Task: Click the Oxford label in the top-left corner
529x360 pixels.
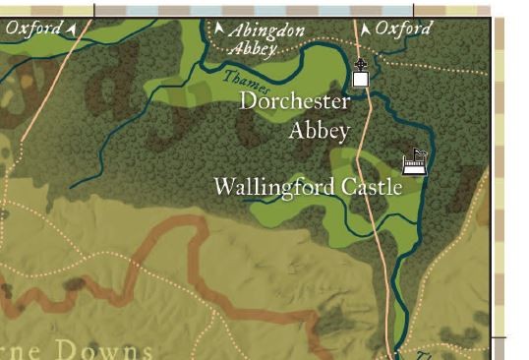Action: (x=32, y=28)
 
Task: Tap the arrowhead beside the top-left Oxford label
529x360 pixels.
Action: (x=71, y=29)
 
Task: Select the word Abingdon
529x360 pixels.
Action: (x=266, y=31)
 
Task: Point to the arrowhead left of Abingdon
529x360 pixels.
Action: (x=218, y=30)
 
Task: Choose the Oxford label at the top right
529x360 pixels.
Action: (x=403, y=29)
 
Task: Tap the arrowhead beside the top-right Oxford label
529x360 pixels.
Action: (x=366, y=30)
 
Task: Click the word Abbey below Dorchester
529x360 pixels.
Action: (x=319, y=131)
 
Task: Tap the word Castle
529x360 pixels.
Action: (x=372, y=187)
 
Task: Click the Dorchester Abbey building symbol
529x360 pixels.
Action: (x=361, y=78)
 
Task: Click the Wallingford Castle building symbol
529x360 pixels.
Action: (x=414, y=164)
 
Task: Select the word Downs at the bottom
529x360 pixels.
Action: (x=119, y=350)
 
